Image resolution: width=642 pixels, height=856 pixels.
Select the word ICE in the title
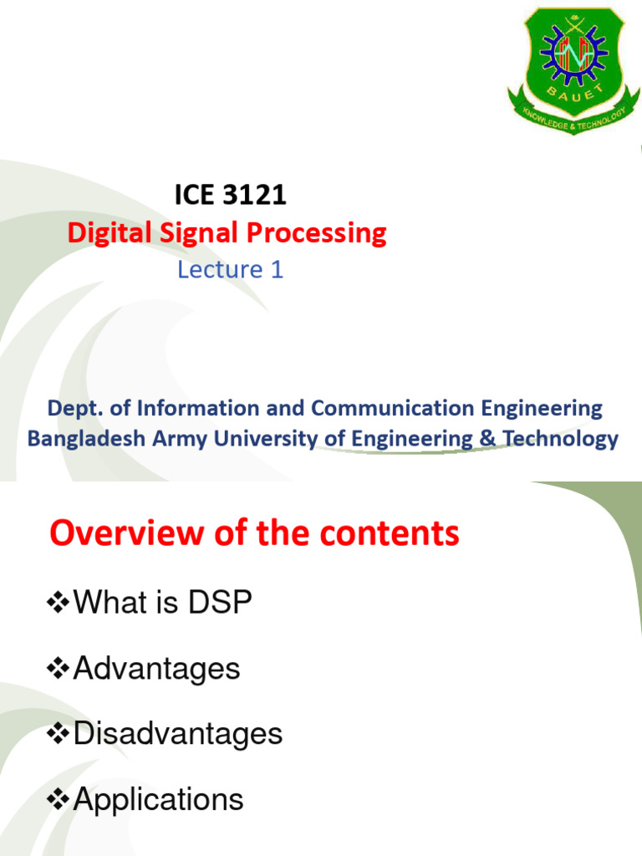191,196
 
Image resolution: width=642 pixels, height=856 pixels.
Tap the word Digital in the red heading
101,233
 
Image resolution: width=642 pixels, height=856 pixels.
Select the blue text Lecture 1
231,269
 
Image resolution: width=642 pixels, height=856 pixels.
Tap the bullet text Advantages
156,668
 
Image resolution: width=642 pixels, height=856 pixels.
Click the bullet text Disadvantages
178,734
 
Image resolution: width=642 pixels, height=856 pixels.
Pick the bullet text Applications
159,800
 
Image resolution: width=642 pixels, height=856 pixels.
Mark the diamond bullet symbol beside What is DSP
59,603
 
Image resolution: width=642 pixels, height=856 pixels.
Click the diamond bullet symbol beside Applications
59,801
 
